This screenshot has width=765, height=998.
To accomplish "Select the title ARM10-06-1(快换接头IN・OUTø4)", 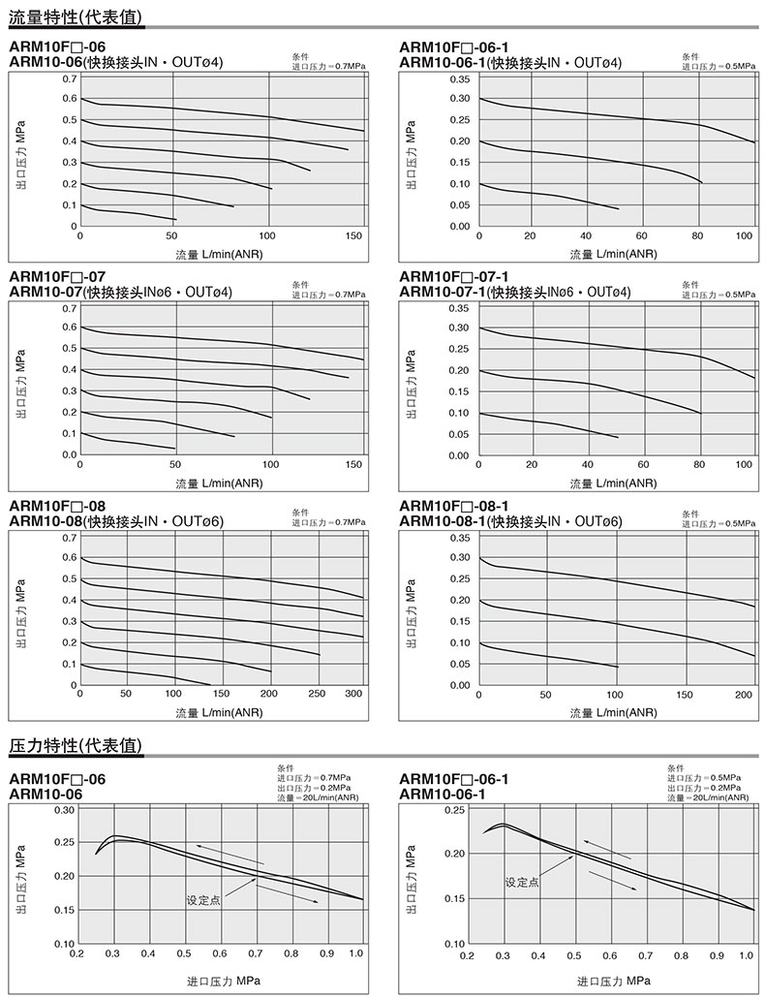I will [x=510, y=63].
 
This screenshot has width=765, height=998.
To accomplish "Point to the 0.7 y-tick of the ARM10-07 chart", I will [x=70, y=309].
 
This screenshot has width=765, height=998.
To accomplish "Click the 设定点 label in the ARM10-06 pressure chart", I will [x=203, y=900].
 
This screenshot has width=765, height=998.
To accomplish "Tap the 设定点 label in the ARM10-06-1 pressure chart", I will [x=522, y=882].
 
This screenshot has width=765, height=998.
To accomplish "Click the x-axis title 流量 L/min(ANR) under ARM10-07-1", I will [x=613, y=483].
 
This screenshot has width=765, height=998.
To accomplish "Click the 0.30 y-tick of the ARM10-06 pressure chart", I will [x=63, y=809].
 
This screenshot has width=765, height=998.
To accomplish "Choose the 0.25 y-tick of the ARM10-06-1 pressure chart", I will [x=453, y=810].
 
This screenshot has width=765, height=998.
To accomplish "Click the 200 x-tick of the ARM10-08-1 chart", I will [x=744, y=695].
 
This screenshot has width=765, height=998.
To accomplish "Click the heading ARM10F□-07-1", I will [x=453, y=276].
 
